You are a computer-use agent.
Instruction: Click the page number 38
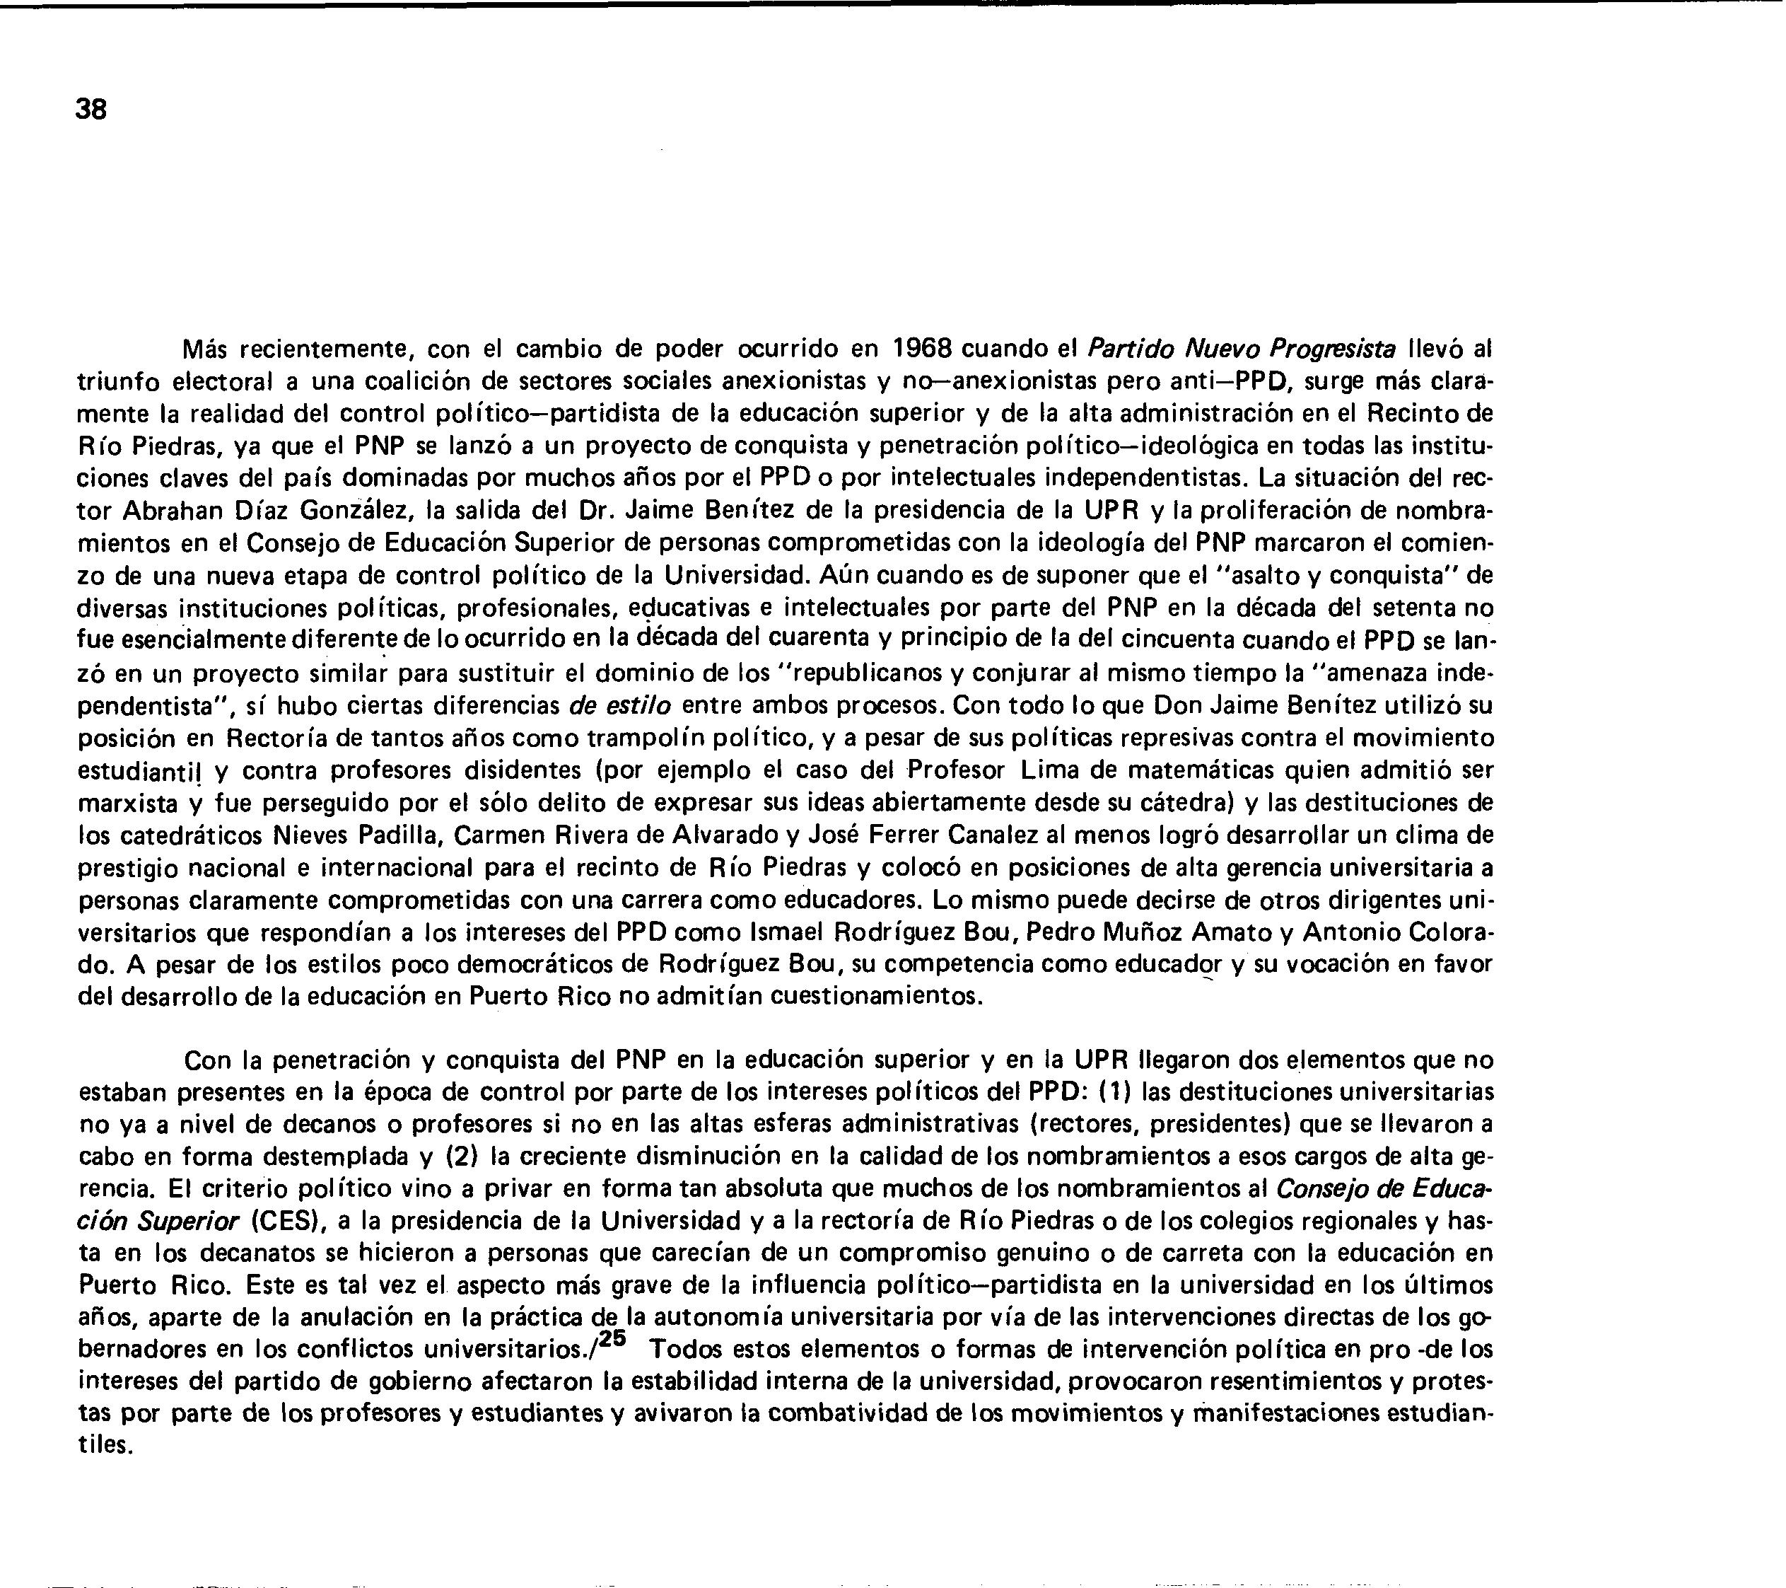point(91,110)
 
